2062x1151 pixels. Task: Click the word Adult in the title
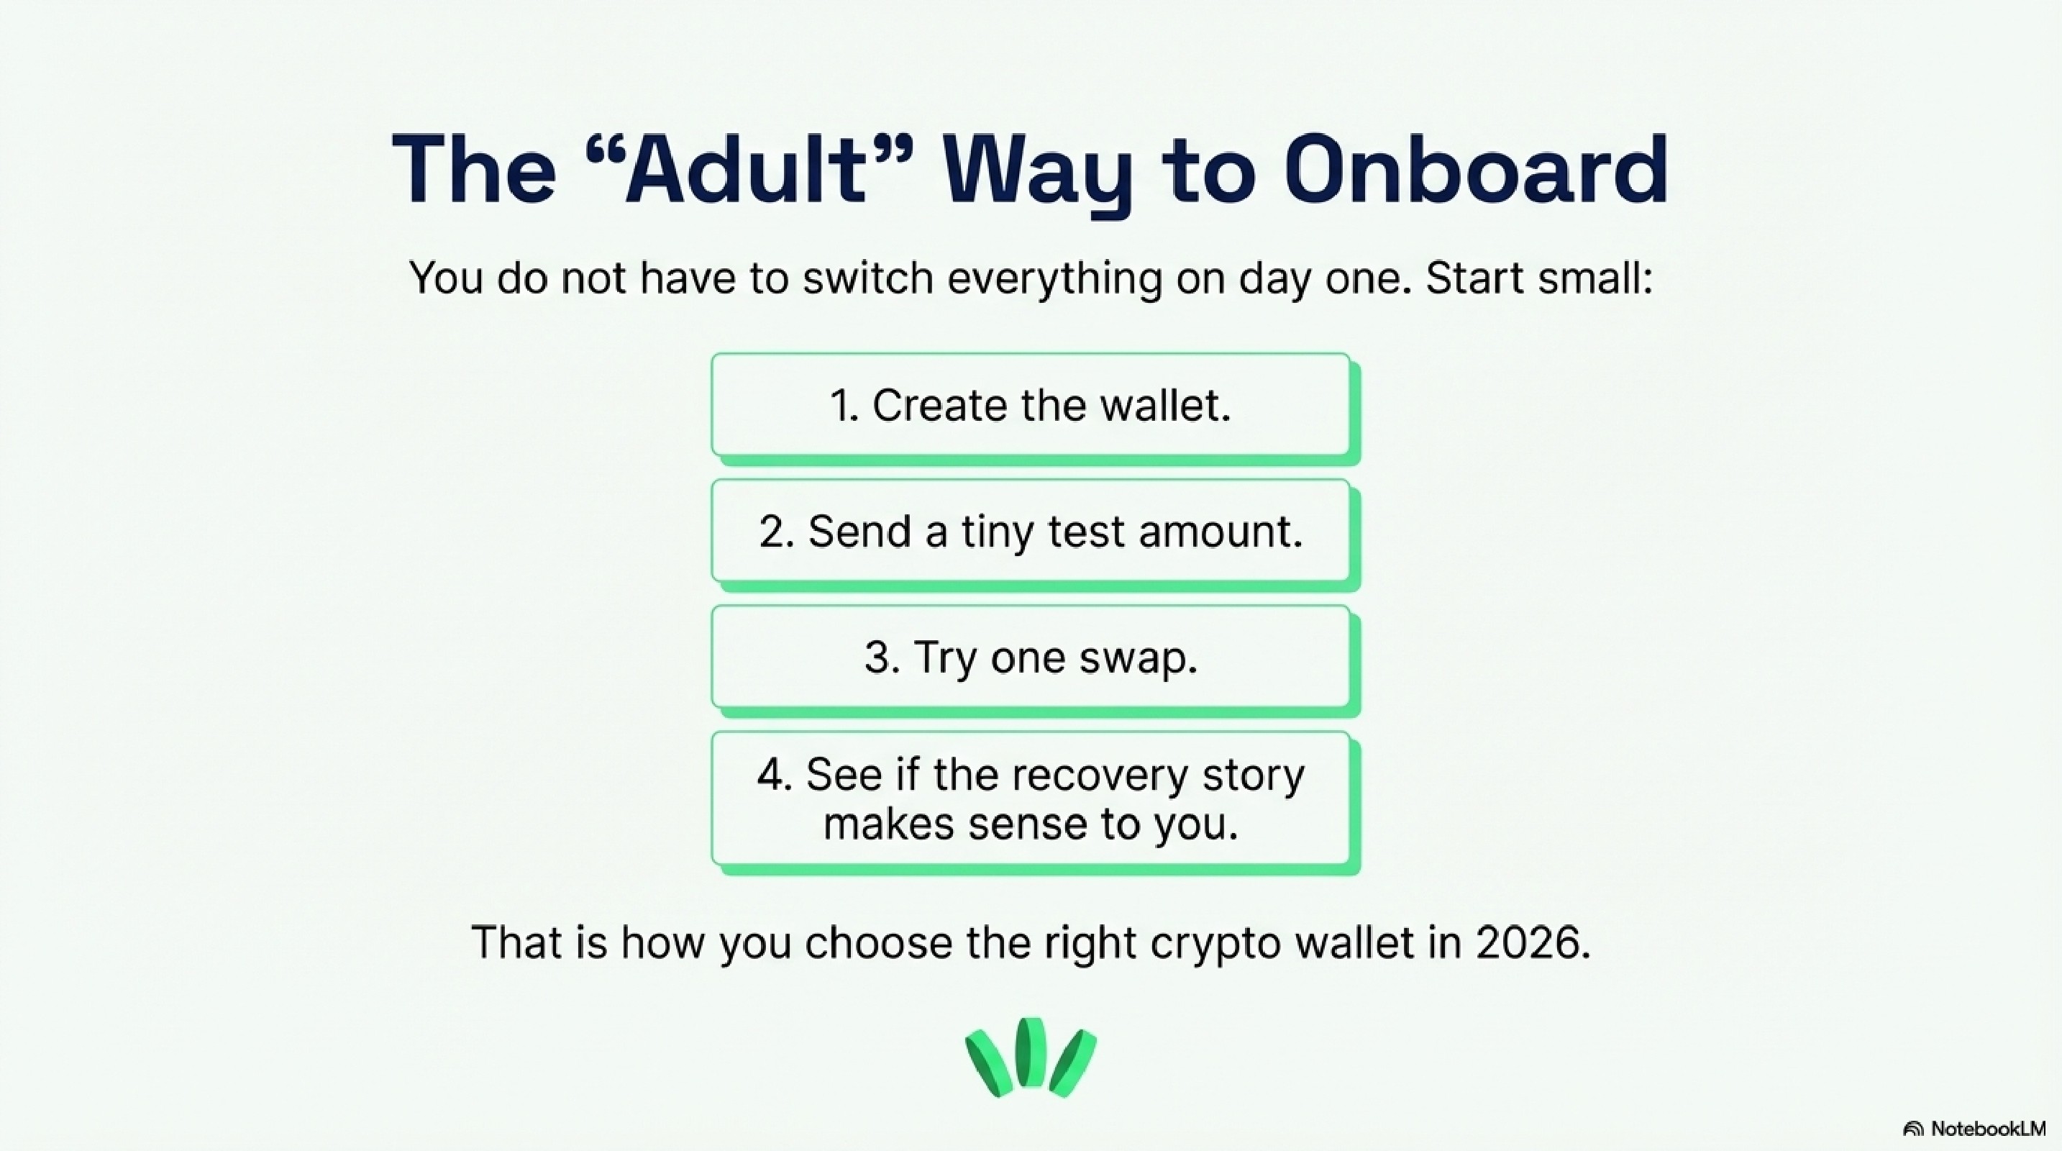744,170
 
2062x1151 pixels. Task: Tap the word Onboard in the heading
1475,170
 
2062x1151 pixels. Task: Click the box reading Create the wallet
1030,405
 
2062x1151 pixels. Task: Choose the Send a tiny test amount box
1030,531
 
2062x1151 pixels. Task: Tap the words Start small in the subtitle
1538,278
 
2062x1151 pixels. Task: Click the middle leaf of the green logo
1031,1052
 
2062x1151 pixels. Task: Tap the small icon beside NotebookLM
1914,1129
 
